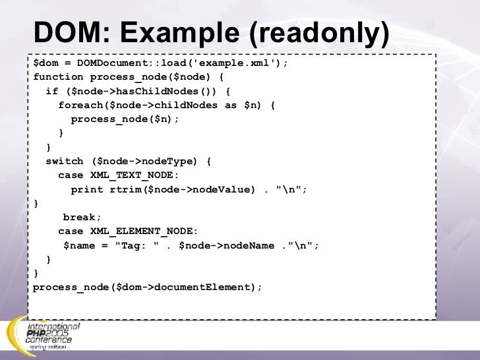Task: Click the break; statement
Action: click(82, 217)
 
